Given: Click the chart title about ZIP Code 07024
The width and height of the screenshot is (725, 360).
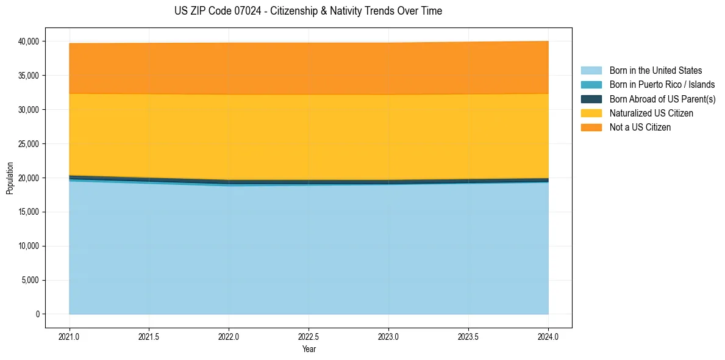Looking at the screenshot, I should (x=308, y=11).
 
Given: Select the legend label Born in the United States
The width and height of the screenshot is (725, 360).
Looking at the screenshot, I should (x=655, y=71).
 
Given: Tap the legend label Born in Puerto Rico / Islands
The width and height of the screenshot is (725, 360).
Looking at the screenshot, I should (x=662, y=85).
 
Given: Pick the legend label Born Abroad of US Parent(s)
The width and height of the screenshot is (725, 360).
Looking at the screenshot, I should (x=662, y=99).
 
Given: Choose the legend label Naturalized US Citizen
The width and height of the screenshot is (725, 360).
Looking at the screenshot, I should (x=651, y=113).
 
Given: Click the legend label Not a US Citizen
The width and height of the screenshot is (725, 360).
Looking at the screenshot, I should (x=640, y=128).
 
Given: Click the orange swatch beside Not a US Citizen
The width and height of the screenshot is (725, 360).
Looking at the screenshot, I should (x=591, y=128).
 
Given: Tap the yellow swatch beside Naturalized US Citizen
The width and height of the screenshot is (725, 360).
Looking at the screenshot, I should (x=591, y=113).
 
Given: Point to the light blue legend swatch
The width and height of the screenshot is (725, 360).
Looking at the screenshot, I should (x=591, y=71).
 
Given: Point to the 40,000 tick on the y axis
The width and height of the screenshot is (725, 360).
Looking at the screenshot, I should (x=29, y=41).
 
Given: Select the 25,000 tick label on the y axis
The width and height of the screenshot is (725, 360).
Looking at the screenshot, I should (x=29, y=144).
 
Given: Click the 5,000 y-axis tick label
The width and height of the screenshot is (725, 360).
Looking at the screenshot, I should (x=31, y=281).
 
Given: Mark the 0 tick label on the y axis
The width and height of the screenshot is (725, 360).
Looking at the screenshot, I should (x=37, y=314).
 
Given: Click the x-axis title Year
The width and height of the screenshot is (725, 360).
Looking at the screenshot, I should (x=309, y=349).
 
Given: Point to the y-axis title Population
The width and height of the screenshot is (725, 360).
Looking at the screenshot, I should (x=10, y=178).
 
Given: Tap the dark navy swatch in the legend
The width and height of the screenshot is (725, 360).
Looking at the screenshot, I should (x=591, y=99).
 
